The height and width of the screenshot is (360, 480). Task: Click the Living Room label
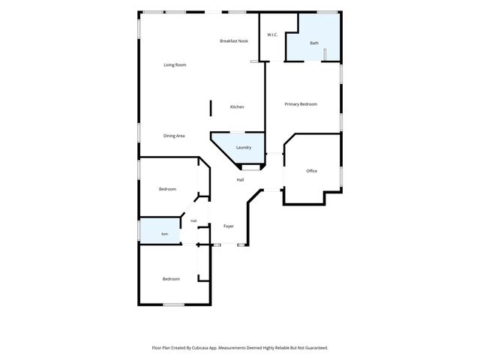pos(175,65)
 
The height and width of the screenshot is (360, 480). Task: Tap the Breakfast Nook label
pos(234,41)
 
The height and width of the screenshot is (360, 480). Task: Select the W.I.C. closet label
pos(272,34)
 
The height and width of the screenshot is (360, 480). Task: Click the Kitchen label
pos(237,106)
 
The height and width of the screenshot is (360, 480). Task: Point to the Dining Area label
pos(174,136)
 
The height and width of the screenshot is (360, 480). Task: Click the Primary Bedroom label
pos(301,104)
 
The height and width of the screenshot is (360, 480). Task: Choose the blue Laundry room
pos(241,147)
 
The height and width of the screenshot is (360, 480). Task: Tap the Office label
pos(312,171)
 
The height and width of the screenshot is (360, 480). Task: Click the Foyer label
pos(228,226)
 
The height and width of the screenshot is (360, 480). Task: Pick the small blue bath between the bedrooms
pos(160,231)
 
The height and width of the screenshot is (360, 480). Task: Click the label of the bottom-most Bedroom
pos(171,279)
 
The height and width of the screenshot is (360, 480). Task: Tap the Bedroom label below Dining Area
pos(167,189)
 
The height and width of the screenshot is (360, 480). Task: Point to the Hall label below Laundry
pos(240,180)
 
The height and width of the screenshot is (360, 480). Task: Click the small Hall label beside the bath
pos(193,220)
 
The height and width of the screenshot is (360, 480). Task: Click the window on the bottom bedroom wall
pos(173,304)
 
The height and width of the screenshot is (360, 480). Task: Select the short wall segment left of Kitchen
pos(211,108)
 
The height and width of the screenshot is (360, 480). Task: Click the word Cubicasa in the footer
pos(201,348)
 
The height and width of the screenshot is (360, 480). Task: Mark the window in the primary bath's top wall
pos(327,12)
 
